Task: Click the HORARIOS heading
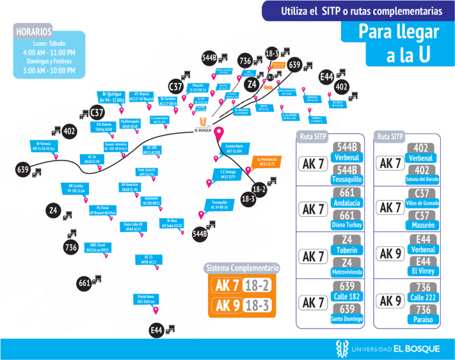click(x=34, y=31)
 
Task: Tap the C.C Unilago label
click(x=228, y=174)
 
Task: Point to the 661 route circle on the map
click(x=84, y=283)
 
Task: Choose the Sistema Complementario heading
click(x=242, y=268)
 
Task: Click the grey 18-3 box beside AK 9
click(x=258, y=306)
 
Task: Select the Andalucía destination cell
click(x=348, y=203)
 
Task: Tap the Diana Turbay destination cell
click(x=348, y=225)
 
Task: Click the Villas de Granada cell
click(x=422, y=203)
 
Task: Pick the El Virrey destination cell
click(x=422, y=271)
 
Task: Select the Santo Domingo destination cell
click(x=348, y=319)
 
